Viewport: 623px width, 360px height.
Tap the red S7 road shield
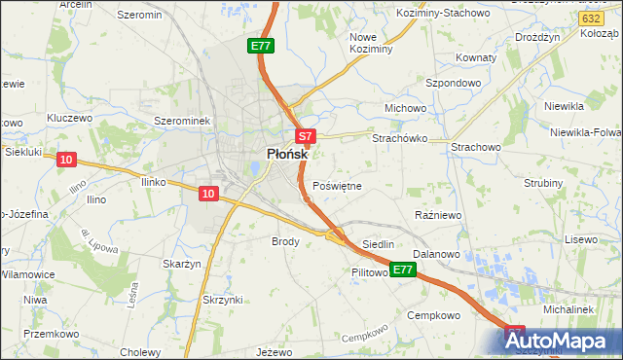pos(305,137)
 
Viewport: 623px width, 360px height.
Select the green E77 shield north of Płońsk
pos(261,46)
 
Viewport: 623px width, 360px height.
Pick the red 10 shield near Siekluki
pos(65,160)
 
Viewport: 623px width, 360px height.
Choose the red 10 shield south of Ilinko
pos(207,194)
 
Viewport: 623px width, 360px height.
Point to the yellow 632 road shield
pos(588,18)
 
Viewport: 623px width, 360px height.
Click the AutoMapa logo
pos(563,341)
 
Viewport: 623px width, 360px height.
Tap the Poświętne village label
pos(338,186)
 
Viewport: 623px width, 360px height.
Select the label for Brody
pos(285,240)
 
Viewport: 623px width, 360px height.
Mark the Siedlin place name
pos(378,244)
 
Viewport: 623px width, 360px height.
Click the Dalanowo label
pos(435,253)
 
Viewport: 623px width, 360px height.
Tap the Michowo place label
pos(407,107)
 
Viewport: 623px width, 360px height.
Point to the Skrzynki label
pos(224,300)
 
